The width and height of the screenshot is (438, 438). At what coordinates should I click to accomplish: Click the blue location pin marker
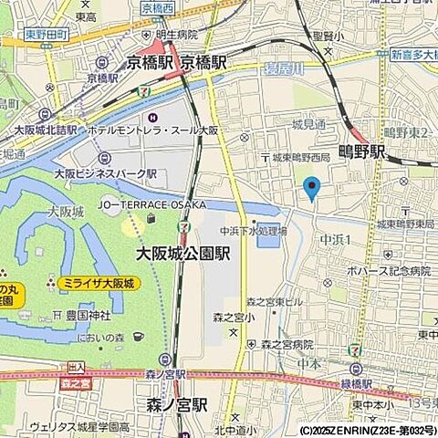311,189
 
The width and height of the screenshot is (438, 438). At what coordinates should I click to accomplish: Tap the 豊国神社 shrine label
86,315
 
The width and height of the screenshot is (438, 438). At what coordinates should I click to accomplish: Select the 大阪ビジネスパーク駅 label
106,172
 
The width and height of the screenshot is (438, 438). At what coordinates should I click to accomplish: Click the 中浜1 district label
336,239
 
